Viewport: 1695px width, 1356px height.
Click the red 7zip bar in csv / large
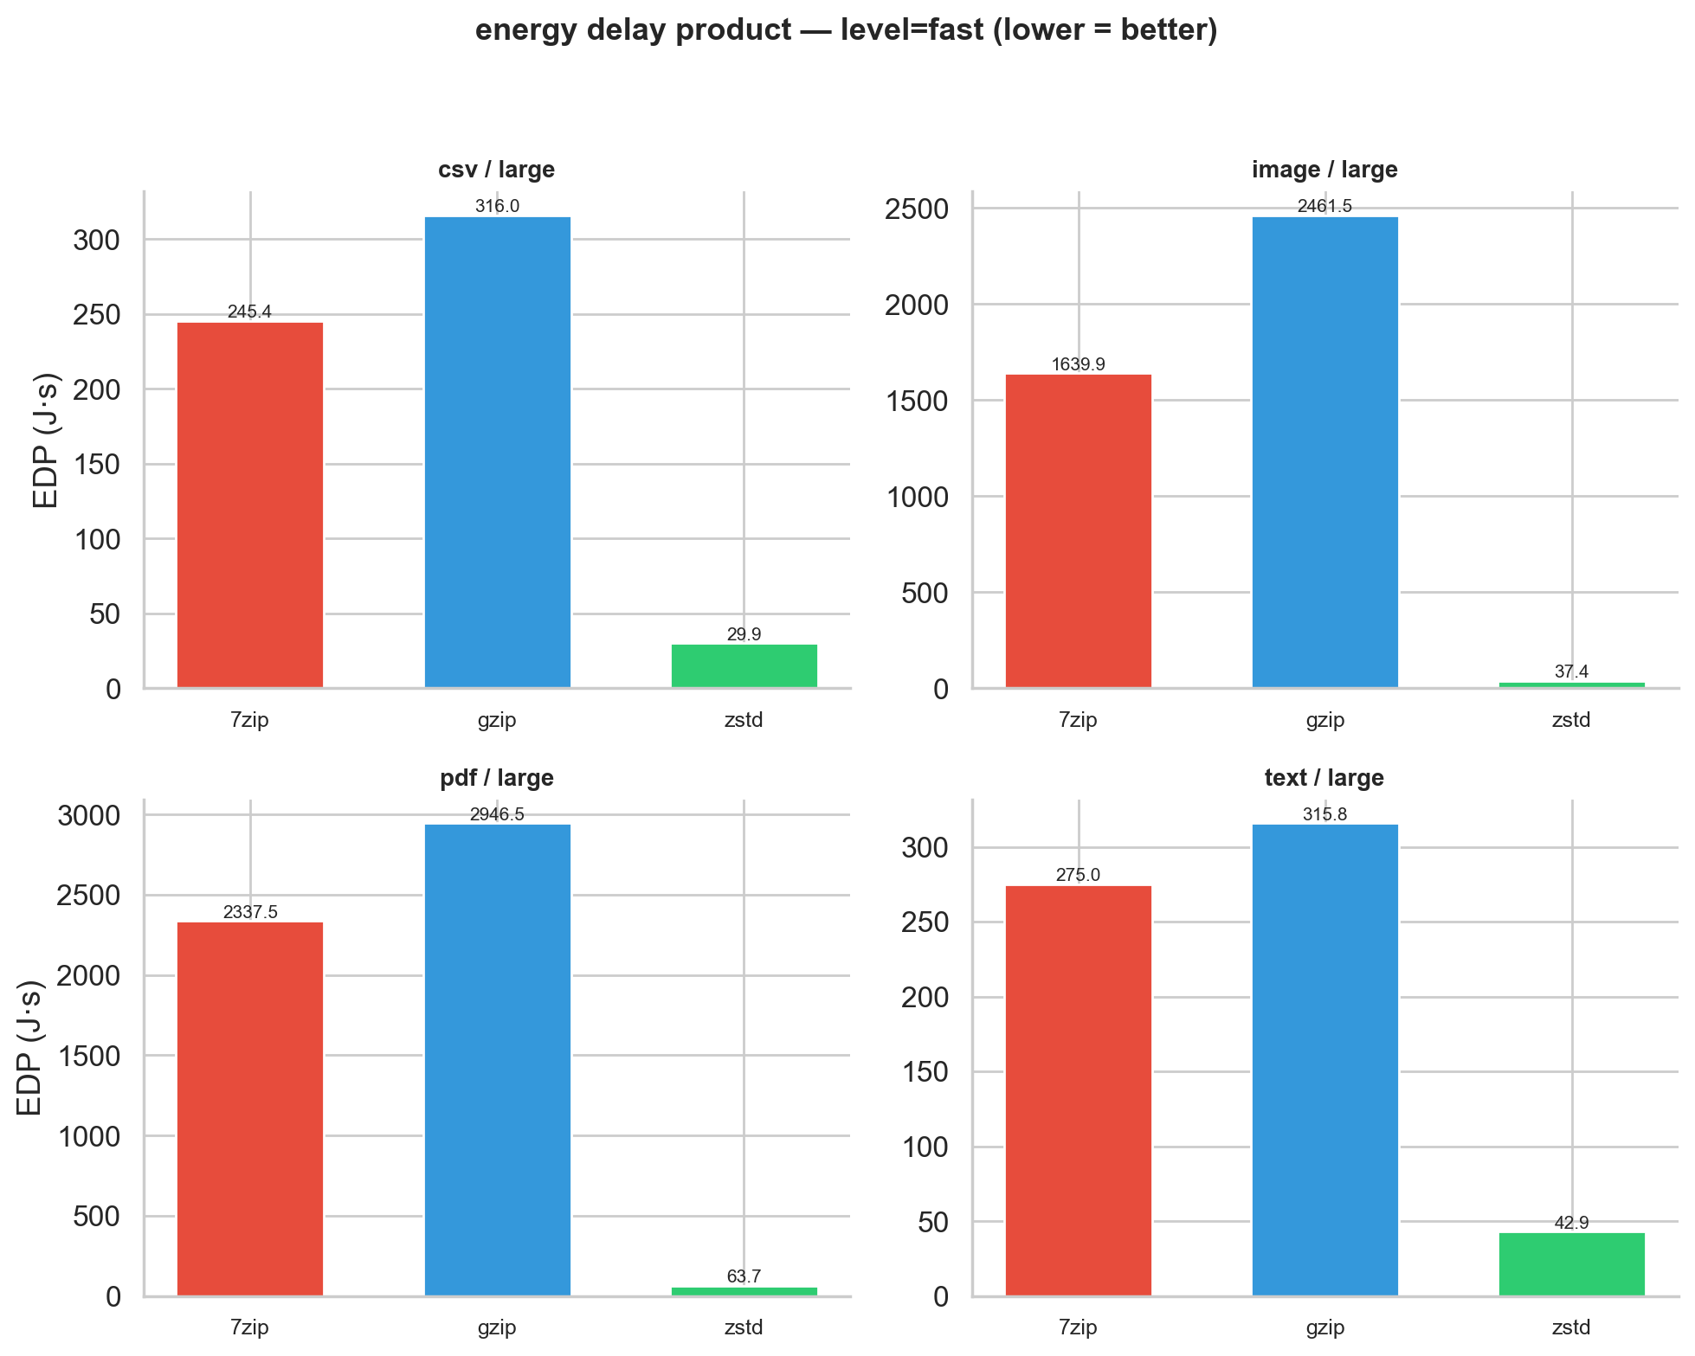(250, 505)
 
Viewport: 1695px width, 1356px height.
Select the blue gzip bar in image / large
(1324, 453)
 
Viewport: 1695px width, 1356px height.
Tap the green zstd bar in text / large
(1571, 1264)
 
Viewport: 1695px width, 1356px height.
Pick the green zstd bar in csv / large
(744, 666)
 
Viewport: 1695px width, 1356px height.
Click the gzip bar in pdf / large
(497, 1060)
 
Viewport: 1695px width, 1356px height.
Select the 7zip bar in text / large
(1078, 1090)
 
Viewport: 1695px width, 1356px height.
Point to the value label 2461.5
(1324, 207)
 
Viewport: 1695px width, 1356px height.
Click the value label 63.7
(744, 1276)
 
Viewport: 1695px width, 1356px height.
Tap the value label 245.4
(250, 312)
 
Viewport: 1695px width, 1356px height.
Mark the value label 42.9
(1571, 1223)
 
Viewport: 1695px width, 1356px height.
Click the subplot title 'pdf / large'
(497, 778)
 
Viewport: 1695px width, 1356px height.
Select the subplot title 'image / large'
(1324, 170)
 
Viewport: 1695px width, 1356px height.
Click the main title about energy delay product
(847, 30)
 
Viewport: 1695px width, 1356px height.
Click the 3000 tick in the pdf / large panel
(88, 815)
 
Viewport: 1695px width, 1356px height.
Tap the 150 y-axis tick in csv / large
(97, 465)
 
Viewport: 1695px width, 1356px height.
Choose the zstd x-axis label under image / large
(1571, 720)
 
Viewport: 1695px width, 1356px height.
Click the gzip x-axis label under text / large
(1324, 1327)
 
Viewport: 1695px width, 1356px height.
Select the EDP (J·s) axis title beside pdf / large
(30, 1047)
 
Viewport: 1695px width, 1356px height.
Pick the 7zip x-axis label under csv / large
(250, 720)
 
